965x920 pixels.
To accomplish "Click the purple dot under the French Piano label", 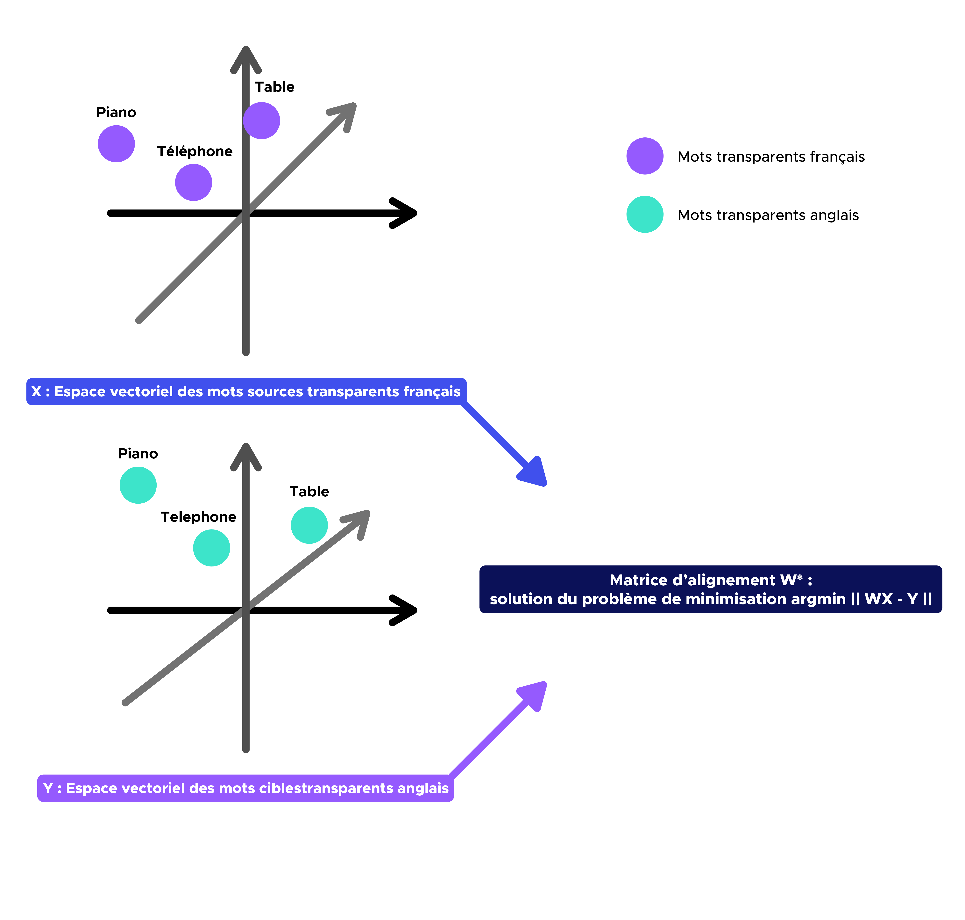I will click(x=116, y=144).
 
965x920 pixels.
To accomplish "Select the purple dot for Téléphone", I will click(x=194, y=182).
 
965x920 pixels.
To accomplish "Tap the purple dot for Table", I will click(x=262, y=121).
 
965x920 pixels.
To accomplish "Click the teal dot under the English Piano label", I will click(x=138, y=485).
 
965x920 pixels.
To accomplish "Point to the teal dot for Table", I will click(x=309, y=525).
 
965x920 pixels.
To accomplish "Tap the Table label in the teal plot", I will click(x=309, y=491).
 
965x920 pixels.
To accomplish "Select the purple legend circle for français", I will click(x=645, y=156).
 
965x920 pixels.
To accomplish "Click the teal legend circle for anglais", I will click(x=645, y=214).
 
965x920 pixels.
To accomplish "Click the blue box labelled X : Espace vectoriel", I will click(x=246, y=391).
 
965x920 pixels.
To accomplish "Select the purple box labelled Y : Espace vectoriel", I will click(x=245, y=788).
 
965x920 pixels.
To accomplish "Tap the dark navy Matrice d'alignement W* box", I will click(x=711, y=589).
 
